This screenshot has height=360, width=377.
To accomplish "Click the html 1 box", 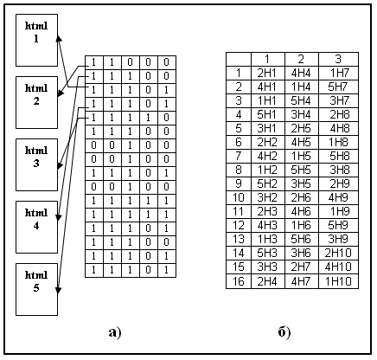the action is tap(36, 40).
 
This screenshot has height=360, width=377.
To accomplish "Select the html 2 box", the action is tap(36, 102).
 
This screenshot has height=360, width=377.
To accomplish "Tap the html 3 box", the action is tap(36, 164).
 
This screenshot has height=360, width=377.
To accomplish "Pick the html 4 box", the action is tap(36, 227).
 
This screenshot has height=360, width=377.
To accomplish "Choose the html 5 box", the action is tap(36, 289).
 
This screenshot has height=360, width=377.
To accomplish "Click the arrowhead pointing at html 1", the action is tap(59, 39).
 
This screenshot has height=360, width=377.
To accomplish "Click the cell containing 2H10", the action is tap(339, 254).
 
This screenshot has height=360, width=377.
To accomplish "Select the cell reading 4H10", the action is tap(339, 267).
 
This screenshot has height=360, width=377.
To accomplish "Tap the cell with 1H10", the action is tap(339, 281).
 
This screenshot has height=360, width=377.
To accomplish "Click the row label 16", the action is tap(239, 281).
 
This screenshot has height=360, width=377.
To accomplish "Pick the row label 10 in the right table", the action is tap(239, 198).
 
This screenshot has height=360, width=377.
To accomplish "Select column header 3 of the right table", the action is tap(339, 59).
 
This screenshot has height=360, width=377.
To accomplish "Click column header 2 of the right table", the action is tap(302, 59).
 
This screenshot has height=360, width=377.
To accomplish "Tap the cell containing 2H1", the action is tap(268, 74).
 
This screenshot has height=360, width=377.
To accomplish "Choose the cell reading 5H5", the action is tap(302, 170).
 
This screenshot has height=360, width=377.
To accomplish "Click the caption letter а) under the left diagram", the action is tap(115, 332).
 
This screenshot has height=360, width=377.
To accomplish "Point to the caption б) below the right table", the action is tap(284, 332).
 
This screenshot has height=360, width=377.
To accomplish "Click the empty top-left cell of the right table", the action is tap(239, 59).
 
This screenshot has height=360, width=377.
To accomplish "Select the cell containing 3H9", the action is tap(339, 240).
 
